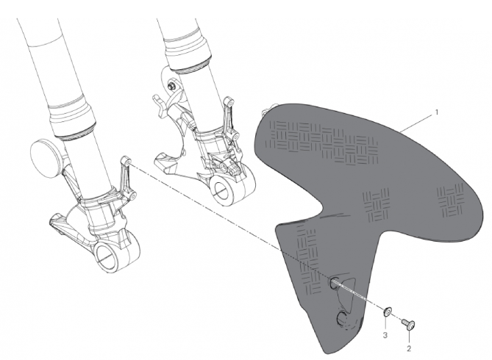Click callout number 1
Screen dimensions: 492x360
point(436,112)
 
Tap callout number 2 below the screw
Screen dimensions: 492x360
point(409,348)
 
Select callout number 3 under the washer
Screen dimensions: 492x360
point(385,335)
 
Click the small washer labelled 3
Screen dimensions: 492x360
point(387,312)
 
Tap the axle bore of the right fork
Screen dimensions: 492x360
point(222,189)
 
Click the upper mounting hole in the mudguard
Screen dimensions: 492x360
point(334,283)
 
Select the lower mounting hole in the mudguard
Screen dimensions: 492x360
point(342,318)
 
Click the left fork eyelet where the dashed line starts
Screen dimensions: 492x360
point(126,161)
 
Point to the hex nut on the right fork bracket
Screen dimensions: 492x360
point(171,85)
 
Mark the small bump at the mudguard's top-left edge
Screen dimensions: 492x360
point(267,109)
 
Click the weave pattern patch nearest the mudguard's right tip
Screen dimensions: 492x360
point(451,200)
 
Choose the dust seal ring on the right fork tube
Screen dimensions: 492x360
point(190,68)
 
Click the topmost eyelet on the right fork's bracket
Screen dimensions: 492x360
point(229,103)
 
